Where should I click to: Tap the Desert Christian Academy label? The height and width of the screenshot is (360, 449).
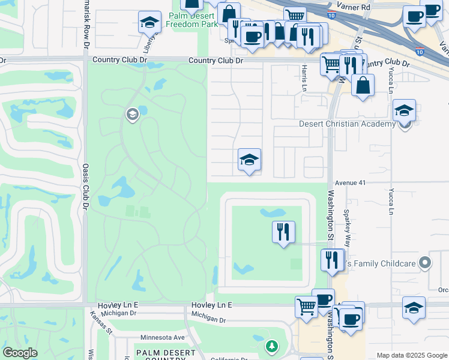pos(347,124)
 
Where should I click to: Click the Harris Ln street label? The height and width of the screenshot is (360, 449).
pos(304,76)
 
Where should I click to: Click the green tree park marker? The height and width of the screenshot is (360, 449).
pos(272,346)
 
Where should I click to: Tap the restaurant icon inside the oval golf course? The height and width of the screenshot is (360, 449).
pos(283,232)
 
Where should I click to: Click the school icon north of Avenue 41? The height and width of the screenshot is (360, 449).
pos(249,160)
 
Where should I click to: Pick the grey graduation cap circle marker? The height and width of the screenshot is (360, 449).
pos(132,114)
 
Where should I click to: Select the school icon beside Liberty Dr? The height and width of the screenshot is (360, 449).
pos(149,22)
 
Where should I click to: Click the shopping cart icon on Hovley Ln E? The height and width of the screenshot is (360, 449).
pos(306,307)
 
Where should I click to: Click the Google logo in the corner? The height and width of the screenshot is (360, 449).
pos(20,353)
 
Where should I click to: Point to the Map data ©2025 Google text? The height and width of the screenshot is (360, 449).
pos(411,355)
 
